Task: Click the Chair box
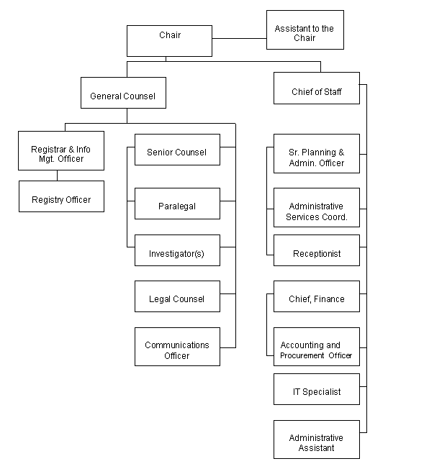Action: (x=169, y=41)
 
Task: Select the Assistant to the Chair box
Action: (x=305, y=30)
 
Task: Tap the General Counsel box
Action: (x=122, y=93)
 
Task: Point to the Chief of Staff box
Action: (x=316, y=88)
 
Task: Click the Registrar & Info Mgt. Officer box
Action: (x=60, y=150)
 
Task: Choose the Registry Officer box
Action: (x=61, y=196)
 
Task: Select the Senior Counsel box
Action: (x=177, y=150)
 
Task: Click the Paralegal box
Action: (x=177, y=204)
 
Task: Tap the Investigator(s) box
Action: (x=177, y=250)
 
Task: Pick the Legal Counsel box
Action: (x=177, y=296)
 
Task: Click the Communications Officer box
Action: (x=177, y=347)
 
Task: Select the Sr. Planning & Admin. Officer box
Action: (x=316, y=154)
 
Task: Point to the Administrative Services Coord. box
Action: (x=316, y=209)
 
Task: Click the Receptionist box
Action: (x=316, y=250)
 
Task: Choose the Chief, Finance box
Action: (x=316, y=296)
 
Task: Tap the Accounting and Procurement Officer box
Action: (x=316, y=347)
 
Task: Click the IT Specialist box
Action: (x=316, y=389)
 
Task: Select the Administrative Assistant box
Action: (x=316, y=440)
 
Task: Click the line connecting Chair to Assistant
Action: (x=239, y=37)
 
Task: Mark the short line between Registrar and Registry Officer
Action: (x=58, y=176)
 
